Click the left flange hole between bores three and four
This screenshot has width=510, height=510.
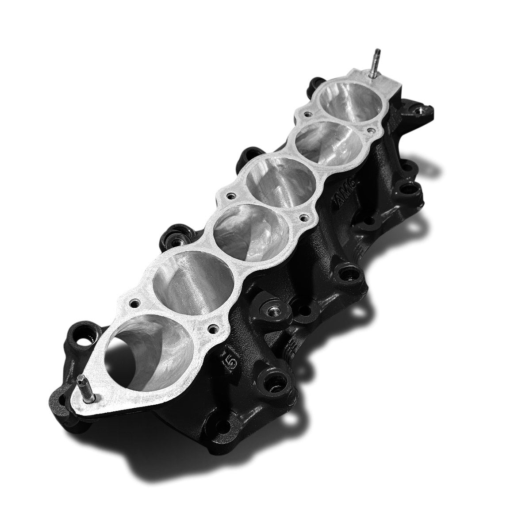(230, 195)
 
